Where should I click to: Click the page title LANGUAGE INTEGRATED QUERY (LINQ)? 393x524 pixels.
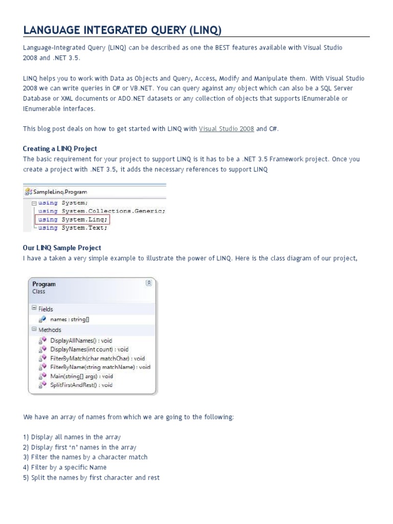(x=122, y=30)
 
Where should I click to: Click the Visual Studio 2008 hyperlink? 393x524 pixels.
(x=226, y=129)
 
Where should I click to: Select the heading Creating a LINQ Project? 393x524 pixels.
(x=60, y=149)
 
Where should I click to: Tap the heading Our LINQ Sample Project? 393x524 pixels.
(x=62, y=248)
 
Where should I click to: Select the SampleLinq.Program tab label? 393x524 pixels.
(x=56, y=191)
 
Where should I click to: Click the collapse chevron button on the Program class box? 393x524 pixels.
(x=149, y=282)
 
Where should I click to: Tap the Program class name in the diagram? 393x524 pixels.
(x=44, y=284)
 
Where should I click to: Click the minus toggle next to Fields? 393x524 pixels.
(x=34, y=308)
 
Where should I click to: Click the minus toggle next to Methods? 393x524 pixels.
(x=34, y=329)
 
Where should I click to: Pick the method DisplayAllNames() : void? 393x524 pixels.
(x=81, y=340)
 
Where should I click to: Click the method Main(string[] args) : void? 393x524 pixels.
(x=81, y=376)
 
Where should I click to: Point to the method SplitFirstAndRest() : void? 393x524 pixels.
(x=81, y=385)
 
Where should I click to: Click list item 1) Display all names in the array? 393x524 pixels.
(x=72, y=437)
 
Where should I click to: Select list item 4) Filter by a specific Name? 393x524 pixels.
(x=64, y=467)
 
